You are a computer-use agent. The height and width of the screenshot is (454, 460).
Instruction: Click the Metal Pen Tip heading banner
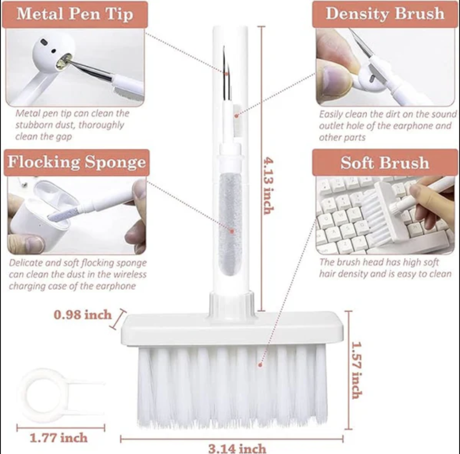75,14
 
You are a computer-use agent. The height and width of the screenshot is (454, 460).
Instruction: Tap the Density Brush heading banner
385,14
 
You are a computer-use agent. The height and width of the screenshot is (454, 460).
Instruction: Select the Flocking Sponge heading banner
76,162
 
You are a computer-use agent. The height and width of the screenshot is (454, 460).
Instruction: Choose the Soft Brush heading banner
385,162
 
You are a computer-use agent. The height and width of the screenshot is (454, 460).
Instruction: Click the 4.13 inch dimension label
269,186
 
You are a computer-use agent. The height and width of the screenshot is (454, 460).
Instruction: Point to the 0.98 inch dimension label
83,315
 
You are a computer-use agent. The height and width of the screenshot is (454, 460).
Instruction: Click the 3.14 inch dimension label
237,448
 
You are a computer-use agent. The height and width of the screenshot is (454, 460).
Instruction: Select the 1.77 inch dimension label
59,438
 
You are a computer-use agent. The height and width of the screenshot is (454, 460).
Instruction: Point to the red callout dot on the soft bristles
260,365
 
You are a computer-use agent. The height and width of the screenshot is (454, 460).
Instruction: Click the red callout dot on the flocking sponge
232,231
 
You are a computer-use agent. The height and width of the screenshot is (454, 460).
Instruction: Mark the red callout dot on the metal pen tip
226,73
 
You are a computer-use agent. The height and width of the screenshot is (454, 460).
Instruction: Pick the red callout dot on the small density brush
236,116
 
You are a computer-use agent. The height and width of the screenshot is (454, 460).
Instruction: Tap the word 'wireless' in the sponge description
130,274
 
